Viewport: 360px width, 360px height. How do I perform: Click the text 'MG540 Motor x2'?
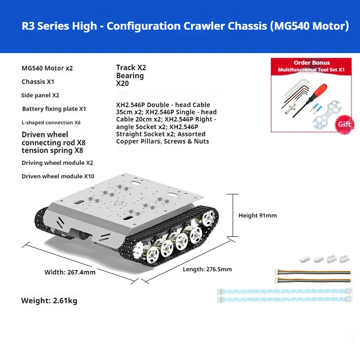(x=47, y=68)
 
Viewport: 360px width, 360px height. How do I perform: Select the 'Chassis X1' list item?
(x=38, y=82)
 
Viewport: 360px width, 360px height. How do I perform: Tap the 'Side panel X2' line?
(x=40, y=95)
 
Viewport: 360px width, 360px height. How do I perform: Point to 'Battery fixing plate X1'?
(x=54, y=109)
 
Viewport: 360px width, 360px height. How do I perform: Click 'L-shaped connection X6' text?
(x=51, y=122)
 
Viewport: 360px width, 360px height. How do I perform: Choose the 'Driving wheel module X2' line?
(x=58, y=163)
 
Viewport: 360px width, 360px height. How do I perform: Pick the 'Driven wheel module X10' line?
(x=58, y=176)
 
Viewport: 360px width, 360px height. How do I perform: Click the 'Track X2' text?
(x=131, y=67)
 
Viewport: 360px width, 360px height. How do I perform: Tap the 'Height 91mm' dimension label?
(x=257, y=216)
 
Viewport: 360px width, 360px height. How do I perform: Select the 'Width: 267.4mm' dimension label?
(x=70, y=272)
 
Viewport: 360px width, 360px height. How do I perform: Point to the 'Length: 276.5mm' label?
(x=207, y=269)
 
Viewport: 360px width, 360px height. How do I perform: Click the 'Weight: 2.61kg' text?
(x=49, y=301)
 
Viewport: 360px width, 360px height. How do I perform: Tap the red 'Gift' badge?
(x=344, y=124)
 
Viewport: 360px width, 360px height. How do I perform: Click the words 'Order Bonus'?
(x=312, y=63)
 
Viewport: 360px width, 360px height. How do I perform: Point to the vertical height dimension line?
(x=233, y=215)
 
